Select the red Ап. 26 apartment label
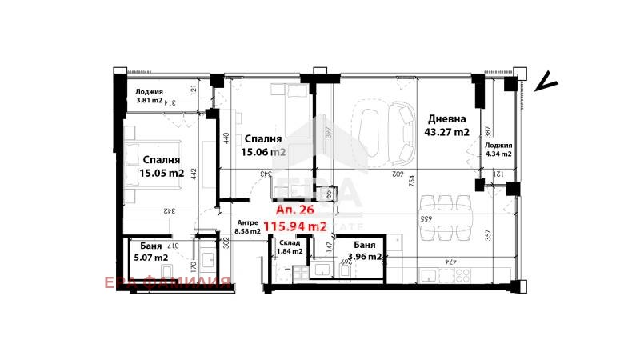293,211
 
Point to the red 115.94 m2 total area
295,227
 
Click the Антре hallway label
247,222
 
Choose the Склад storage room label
290,241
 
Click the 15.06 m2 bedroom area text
265,152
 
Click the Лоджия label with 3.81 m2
150,91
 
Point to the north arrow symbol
546,82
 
